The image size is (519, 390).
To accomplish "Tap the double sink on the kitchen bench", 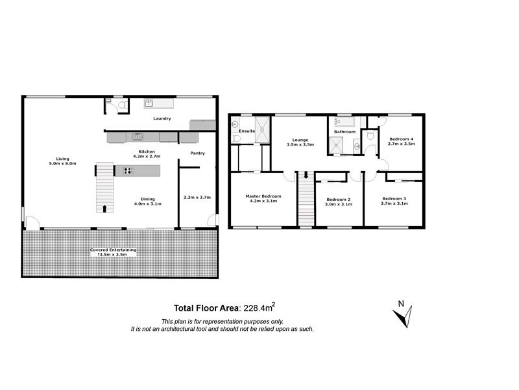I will coord(138,136).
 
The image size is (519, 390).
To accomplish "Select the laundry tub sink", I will coord(148,103).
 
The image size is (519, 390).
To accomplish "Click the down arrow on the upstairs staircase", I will coord(306,175).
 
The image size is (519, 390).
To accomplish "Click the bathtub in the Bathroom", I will coord(343,122).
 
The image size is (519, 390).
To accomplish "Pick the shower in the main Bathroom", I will coord(337,146).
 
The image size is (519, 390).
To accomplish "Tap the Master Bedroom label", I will coord(263,196).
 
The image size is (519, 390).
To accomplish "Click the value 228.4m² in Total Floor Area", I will coord(263,308).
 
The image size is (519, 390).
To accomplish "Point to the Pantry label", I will coord(197,153).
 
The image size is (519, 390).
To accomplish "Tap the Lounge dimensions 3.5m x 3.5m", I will coord(300,145).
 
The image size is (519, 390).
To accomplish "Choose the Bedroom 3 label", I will coord(394,198).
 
